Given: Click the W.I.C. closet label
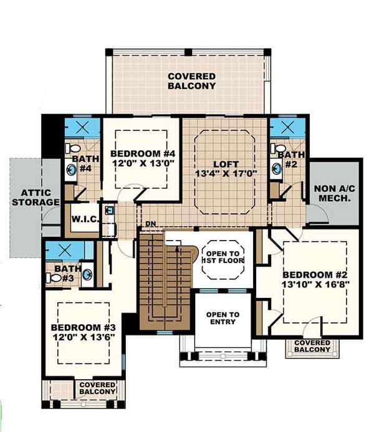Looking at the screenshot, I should tap(84, 219).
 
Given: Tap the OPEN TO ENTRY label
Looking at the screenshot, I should tap(223, 318).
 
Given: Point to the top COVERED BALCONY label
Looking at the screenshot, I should tap(191, 80).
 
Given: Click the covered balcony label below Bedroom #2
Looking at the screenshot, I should tap(312, 347).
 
